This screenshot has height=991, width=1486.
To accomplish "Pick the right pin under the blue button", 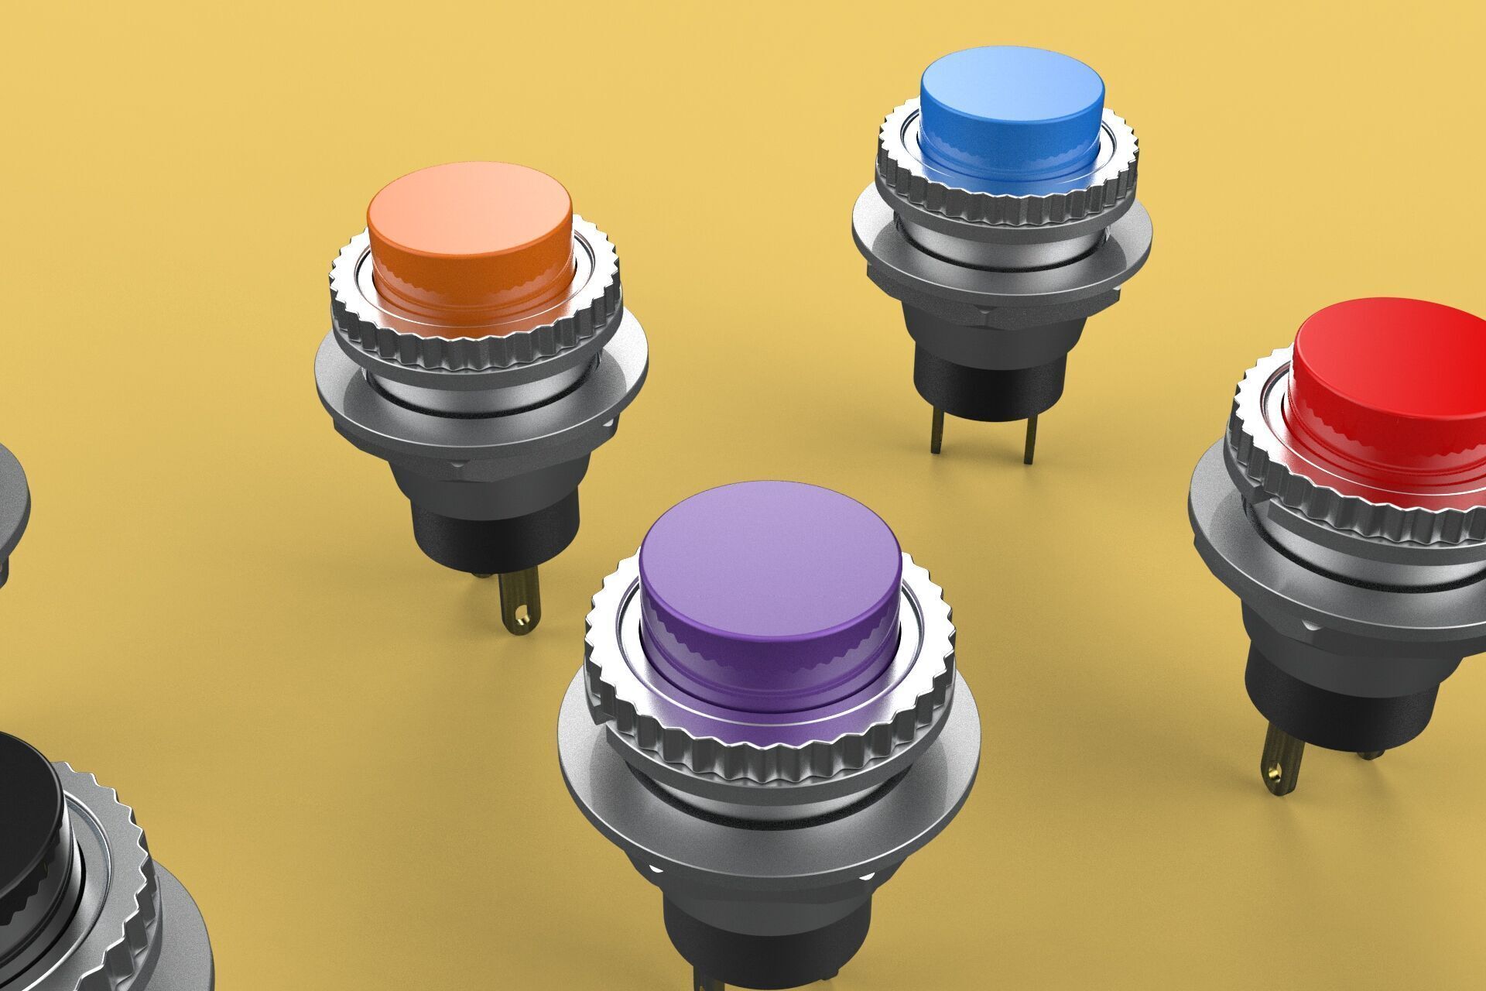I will point(1029,441).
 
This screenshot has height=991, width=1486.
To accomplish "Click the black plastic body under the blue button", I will point(983,379).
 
